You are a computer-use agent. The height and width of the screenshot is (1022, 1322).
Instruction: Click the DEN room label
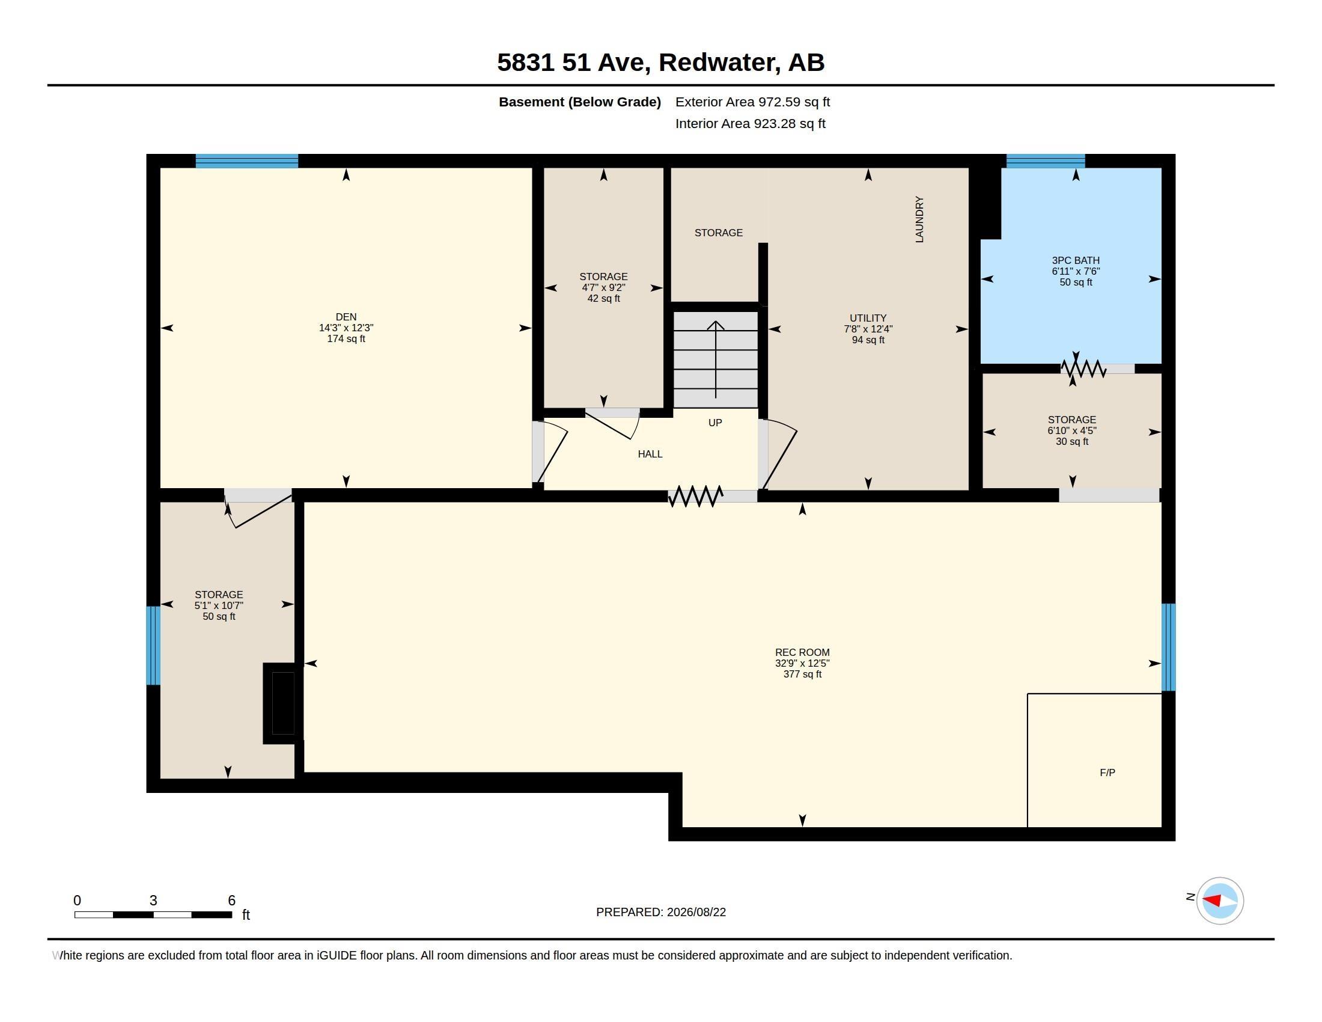[346, 317]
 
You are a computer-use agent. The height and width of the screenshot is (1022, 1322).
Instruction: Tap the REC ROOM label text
[802, 652]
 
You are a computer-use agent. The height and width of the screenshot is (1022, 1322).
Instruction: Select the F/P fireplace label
[1107, 773]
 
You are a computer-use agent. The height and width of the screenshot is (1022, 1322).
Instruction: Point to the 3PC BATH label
[1076, 260]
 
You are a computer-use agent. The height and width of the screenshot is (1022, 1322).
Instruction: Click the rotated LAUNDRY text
[919, 219]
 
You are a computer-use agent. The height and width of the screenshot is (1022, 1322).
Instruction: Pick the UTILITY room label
[868, 318]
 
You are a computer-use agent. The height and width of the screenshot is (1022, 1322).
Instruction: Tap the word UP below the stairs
[715, 423]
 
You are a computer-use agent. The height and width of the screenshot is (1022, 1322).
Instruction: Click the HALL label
[650, 454]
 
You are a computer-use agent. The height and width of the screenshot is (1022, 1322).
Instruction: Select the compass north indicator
[1219, 901]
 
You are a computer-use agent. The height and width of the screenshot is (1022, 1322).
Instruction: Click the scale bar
[153, 914]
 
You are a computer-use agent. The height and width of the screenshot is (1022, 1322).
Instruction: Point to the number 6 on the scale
[231, 901]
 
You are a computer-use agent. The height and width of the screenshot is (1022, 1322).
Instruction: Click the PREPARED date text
[661, 912]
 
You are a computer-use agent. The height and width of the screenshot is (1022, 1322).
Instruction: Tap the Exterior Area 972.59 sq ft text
[752, 102]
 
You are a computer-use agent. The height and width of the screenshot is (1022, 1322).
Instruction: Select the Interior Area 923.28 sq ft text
[750, 123]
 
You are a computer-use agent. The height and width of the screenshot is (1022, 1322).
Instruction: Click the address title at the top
[660, 63]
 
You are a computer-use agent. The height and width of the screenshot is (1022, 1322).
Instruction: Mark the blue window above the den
[246, 161]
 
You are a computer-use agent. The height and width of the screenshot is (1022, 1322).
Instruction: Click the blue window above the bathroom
[1046, 161]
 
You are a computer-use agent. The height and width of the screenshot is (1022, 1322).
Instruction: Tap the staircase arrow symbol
[716, 360]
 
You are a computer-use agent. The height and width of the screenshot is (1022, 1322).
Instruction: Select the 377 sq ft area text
[802, 674]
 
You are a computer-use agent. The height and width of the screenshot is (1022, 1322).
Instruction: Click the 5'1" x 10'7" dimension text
[219, 605]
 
